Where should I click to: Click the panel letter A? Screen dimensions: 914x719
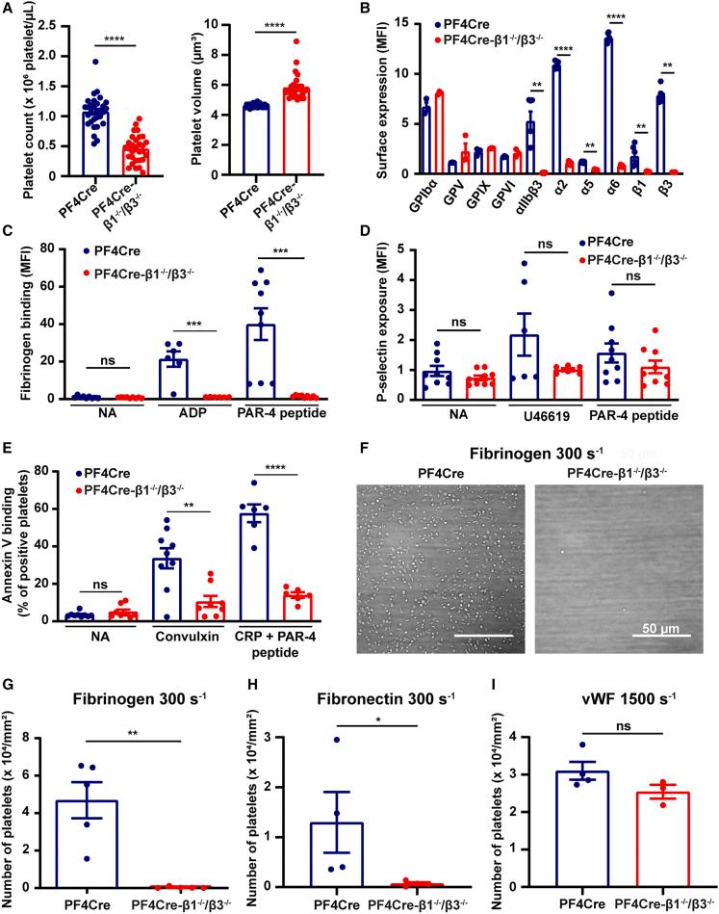pos(10,10)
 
